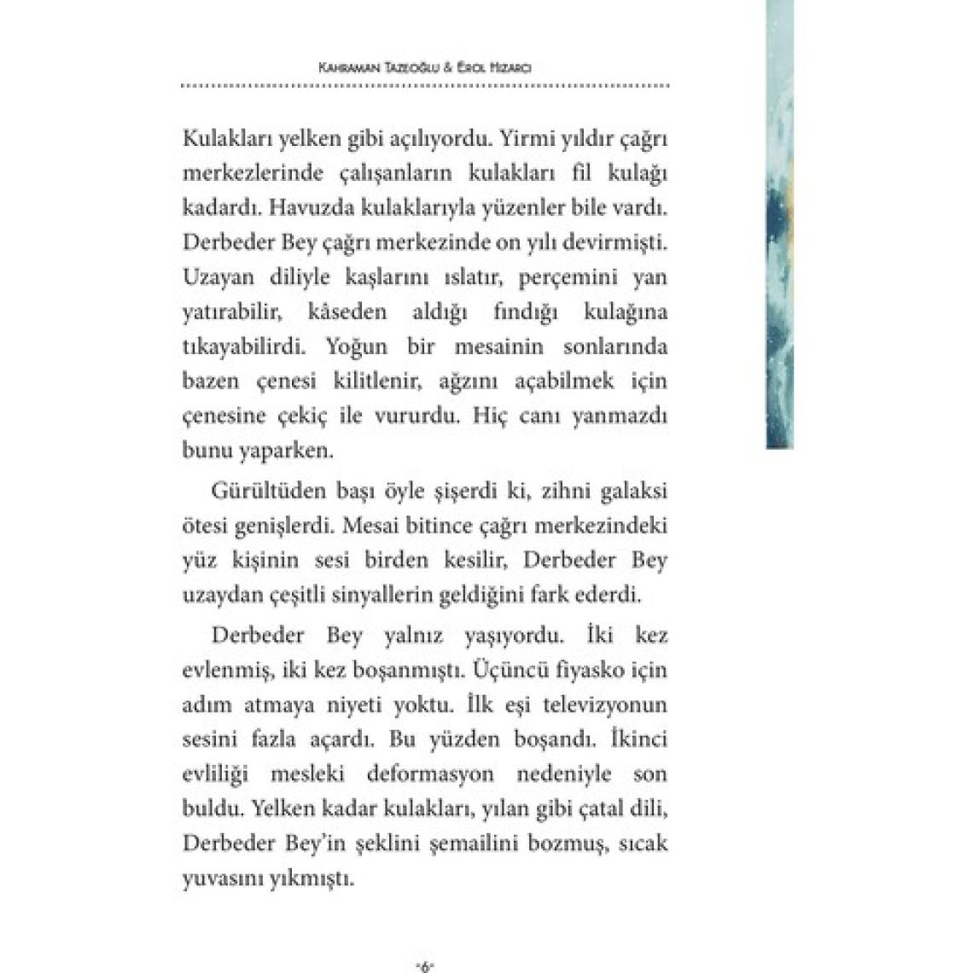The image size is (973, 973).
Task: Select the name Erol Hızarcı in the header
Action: click(495, 67)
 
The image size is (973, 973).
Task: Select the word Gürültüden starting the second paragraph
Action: click(261, 492)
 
